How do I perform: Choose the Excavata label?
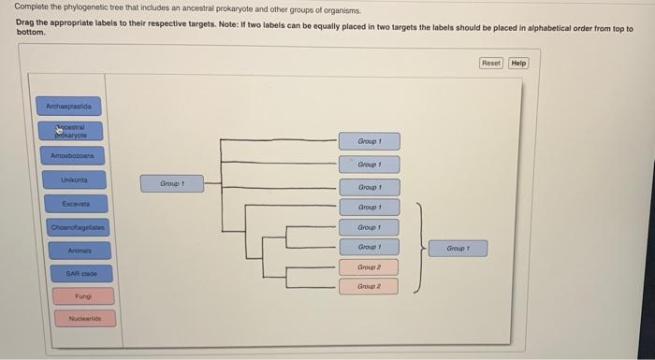[x=75, y=203]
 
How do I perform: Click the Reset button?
[x=491, y=64]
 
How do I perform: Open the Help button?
[x=518, y=64]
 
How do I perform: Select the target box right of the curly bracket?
[x=458, y=249]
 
